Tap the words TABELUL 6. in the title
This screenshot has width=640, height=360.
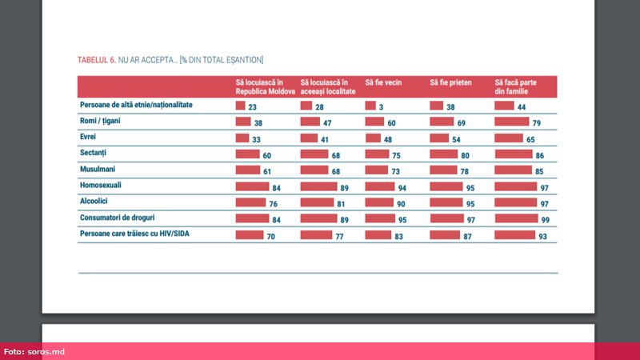tap(96, 60)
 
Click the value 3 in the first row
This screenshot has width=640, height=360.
tap(384, 106)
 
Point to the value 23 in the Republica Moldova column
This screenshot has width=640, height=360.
tap(254, 106)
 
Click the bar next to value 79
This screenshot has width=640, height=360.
tap(511, 122)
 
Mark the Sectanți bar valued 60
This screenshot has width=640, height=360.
tap(246, 154)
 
